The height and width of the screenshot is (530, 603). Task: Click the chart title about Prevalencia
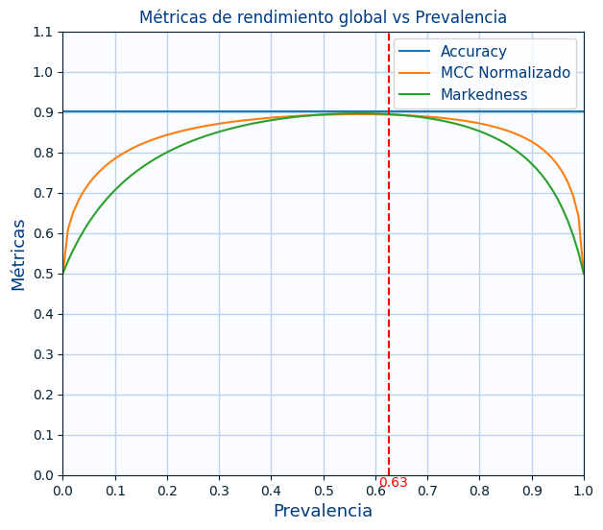323,17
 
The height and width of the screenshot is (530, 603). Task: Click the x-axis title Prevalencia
323,511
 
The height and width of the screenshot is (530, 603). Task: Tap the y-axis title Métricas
19,253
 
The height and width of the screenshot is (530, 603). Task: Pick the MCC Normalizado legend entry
505,73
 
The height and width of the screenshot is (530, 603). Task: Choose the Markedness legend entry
484,94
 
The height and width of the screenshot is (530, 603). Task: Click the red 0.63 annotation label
394,483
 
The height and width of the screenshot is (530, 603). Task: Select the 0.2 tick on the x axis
167,491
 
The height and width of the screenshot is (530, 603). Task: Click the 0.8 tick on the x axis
479,491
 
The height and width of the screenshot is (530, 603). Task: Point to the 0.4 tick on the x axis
271,491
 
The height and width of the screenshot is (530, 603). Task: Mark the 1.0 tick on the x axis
584,491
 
